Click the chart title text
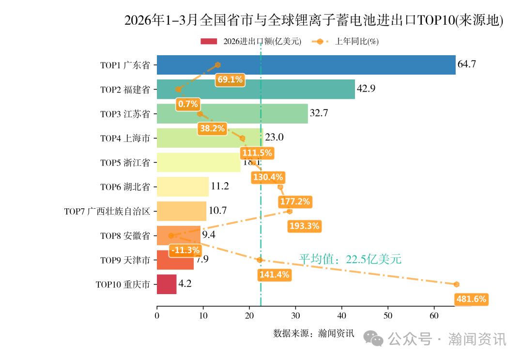(314, 21)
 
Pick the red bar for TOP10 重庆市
(167, 284)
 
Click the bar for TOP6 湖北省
(183, 187)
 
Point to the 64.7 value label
(467, 64)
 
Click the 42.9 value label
(366, 89)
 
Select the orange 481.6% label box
(471, 299)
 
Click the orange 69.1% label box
(230, 79)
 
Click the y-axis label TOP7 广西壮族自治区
(108, 212)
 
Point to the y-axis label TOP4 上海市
(125, 139)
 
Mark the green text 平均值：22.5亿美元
(350, 259)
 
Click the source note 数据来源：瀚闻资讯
(314, 333)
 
